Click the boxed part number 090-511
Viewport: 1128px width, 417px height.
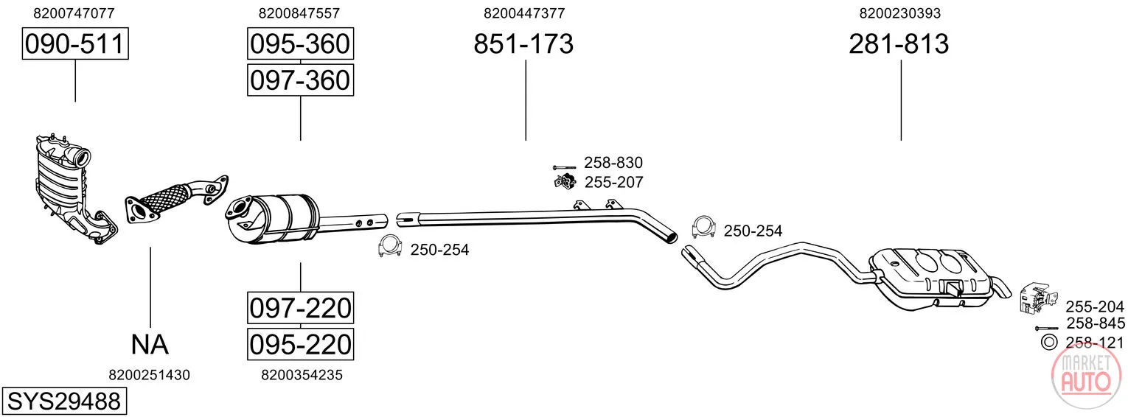tap(75, 43)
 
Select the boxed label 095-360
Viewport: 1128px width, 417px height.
tap(300, 43)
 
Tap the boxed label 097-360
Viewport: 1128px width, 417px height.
tap(300, 80)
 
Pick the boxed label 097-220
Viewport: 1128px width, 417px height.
tap(300, 308)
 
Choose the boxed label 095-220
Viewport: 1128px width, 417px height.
tap(300, 344)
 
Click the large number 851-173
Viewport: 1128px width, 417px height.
tap(523, 43)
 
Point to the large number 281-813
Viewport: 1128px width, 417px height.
tap(899, 43)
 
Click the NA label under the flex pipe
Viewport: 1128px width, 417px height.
tap(150, 345)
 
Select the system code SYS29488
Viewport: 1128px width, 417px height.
tap(64, 402)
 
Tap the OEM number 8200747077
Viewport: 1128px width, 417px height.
tap(74, 13)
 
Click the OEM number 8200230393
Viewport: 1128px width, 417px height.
tap(900, 13)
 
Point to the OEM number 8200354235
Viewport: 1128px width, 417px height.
tap(302, 375)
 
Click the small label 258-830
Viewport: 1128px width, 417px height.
tap(613, 163)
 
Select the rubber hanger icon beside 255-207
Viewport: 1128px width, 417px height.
tap(565, 181)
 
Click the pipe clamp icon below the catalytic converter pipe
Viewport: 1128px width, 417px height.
tap(390, 246)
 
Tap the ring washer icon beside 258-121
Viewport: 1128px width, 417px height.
tap(1049, 342)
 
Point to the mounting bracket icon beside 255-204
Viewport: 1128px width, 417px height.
tap(1038, 298)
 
